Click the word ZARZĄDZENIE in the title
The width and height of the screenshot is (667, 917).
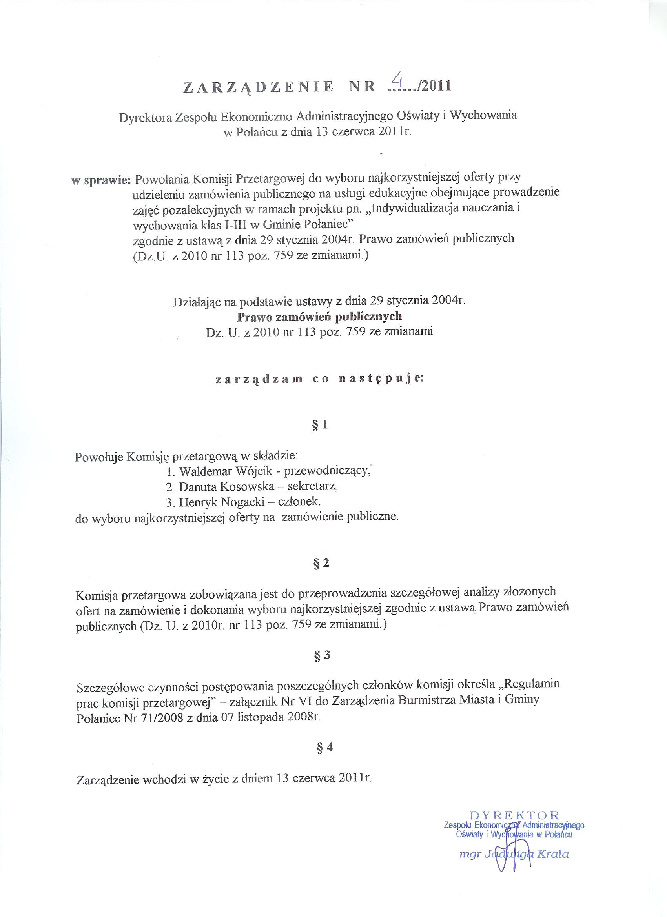click(x=259, y=87)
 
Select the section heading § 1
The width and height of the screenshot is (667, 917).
click(x=320, y=425)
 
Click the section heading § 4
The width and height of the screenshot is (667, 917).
click(x=323, y=748)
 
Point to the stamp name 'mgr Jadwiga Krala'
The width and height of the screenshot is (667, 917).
click(x=515, y=885)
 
